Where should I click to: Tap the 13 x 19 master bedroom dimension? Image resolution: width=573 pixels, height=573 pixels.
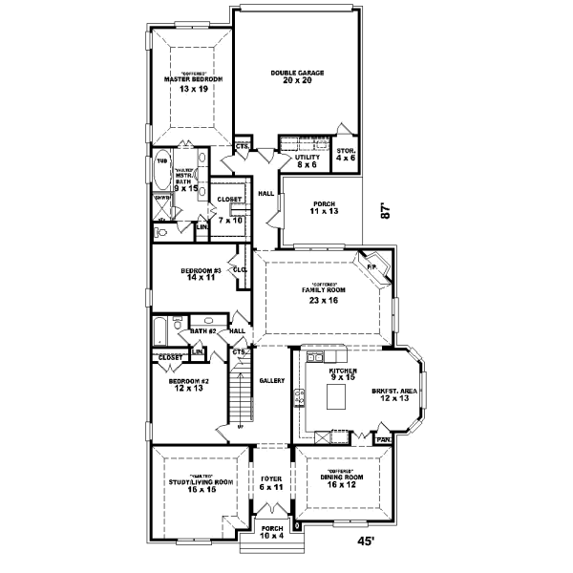coord(192,88)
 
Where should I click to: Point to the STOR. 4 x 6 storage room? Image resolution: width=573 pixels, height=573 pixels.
coord(346,153)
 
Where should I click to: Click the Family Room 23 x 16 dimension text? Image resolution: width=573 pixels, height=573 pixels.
coord(325,300)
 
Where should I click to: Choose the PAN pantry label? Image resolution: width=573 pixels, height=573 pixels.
coord(382,439)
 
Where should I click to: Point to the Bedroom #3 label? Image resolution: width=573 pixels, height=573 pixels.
coord(201,271)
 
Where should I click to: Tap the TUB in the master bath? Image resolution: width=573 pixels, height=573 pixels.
coord(162,161)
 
